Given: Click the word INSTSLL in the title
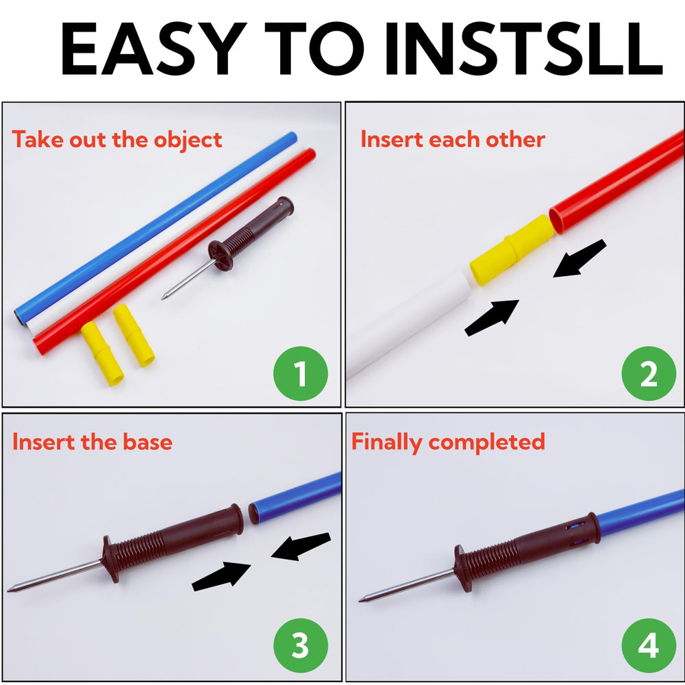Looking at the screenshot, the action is (x=523, y=49).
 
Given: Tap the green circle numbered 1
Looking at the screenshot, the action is (x=301, y=373).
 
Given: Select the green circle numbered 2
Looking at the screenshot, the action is (x=649, y=373).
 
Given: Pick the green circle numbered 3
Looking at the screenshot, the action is (x=301, y=645).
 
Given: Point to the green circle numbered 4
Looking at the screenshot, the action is (x=649, y=645).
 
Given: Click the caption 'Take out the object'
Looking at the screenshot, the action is (x=117, y=140).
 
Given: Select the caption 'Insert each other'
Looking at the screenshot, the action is (x=453, y=139).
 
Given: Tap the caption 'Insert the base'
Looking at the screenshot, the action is (x=92, y=442).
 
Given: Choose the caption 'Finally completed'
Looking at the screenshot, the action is (x=448, y=442).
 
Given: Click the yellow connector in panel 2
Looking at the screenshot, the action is (x=512, y=250).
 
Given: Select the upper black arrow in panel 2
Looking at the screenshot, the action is (x=580, y=259).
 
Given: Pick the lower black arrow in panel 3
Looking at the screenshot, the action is (x=221, y=577).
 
